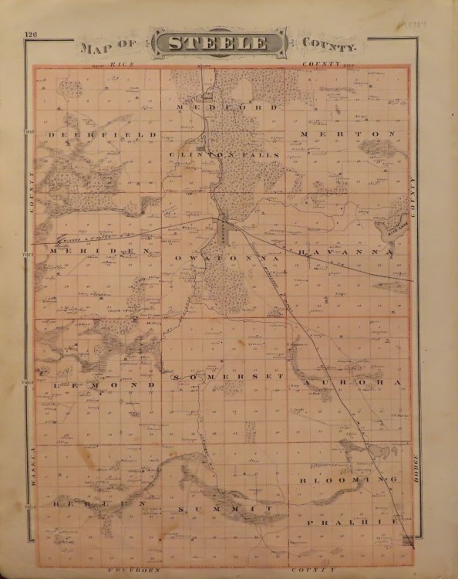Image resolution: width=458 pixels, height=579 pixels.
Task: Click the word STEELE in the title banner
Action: tap(229, 43)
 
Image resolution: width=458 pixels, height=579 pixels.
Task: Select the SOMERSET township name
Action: tap(228, 376)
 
